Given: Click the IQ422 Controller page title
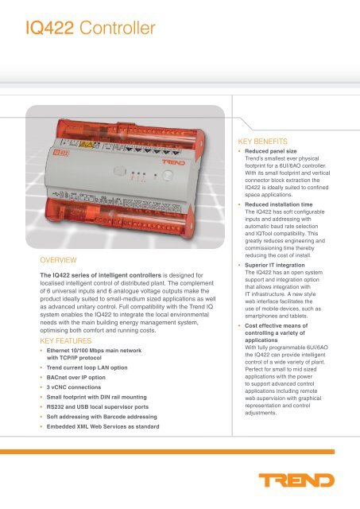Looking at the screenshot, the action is pos(91,28).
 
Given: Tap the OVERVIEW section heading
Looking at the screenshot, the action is pos(58,260).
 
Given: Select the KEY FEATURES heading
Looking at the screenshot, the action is pos(66,341).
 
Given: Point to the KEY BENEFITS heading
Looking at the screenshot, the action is pos(263,142).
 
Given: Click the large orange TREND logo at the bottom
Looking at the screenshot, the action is pos(296,480).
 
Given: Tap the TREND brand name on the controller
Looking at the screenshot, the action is pos(173,162).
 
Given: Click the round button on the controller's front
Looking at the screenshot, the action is pos(168,176).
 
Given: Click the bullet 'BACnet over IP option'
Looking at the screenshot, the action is pos(75,378).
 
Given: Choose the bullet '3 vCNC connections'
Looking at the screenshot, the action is pos(74,387).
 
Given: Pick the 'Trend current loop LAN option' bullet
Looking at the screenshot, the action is pos(87,367).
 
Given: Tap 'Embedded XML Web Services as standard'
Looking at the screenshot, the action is pos(103,426).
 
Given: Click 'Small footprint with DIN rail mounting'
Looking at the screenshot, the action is pos(97,397).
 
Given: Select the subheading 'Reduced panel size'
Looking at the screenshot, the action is pos(271,151).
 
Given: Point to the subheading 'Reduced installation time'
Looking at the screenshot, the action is pos(279,204).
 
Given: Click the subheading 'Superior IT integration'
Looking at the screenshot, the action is pos(275,265).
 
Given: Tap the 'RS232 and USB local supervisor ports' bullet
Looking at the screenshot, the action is pos(98,406).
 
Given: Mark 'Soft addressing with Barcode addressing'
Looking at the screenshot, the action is pos(102,417).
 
